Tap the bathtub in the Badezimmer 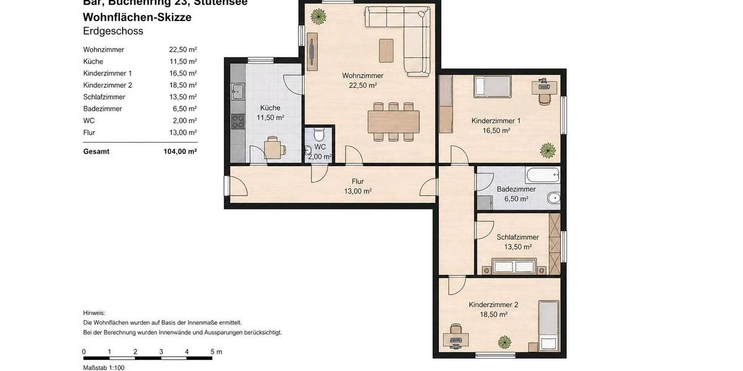click(x=542, y=174)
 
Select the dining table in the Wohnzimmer click(x=393, y=122)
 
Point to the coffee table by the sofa click(x=386, y=50)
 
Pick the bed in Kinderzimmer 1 click(x=492, y=87)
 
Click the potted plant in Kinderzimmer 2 click(x=505, y=341)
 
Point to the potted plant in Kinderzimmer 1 click(x=547, y=149)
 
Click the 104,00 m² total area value click(x=183, y=151)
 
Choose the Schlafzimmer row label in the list click(x=104, y=97)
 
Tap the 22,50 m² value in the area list click(x=183, y=50)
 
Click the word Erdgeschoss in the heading click(x=113, y=32)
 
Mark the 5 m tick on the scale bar click(x=212, y=357)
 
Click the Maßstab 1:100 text click(x=104, y=368)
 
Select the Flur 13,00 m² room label click(x=358, y=186)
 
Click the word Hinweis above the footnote click(x=94, y=313)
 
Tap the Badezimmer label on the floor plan click(x=516, y=189)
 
